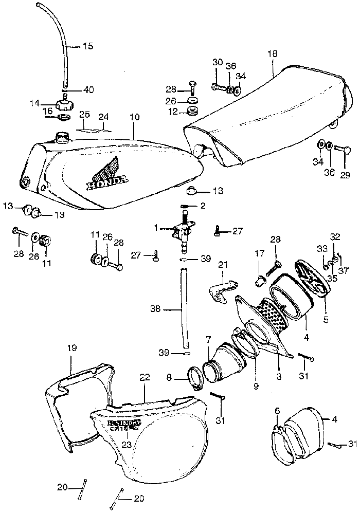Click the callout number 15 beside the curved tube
click(x=88, y=46)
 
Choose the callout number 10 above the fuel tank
click(x=135, y=117)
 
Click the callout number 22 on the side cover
click(x=145, y=377)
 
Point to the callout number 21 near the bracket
click(x=222, y=265)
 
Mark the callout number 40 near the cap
click(x=88, y=89)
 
